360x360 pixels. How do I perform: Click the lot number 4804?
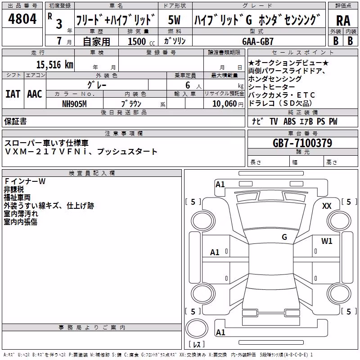(x=22, y=18)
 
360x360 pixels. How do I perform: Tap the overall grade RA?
(x=343, y=21)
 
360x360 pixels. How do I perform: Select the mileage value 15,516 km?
(x=54, y=65)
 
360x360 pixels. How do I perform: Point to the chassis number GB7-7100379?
(x=302, y=143)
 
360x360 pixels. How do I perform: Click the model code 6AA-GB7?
(x=258, y=41)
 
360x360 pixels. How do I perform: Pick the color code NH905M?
(x=74, y=104)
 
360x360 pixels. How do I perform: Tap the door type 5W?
(x=174, y=20)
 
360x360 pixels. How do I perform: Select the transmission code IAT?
(x=13, y=94)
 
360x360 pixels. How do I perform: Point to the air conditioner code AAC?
(x=35, y=94)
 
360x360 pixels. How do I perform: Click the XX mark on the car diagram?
(x=327, y=206)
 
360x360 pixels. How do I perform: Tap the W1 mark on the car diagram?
(x=327, y=241)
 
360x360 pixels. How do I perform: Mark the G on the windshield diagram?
(x=284, y=237)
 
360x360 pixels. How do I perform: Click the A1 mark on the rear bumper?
(x=220, y=332)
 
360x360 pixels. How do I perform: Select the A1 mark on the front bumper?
(x=220, y=184)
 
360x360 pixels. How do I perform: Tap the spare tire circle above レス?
(x=197, y=328)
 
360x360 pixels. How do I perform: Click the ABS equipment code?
(x=289, y=121)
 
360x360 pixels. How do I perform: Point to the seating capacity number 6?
(x=188, y=85)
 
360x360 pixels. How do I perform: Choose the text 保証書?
(x=15, y=121)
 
